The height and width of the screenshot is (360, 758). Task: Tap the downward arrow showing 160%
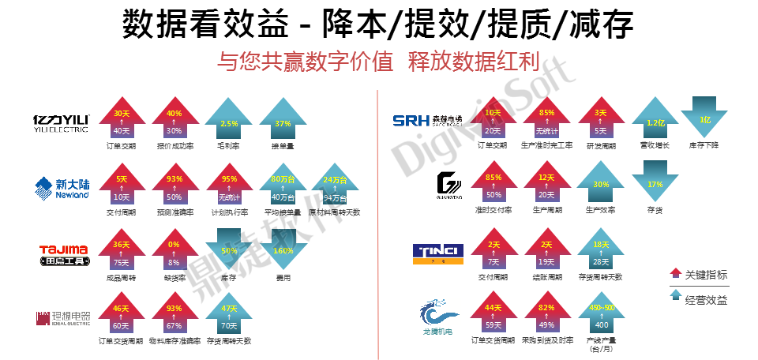pos(283,253)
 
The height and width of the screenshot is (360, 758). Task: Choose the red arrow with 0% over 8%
pos(174,253)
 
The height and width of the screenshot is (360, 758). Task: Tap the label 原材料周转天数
pos(334,212)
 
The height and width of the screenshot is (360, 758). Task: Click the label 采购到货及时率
pos(546,341)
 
